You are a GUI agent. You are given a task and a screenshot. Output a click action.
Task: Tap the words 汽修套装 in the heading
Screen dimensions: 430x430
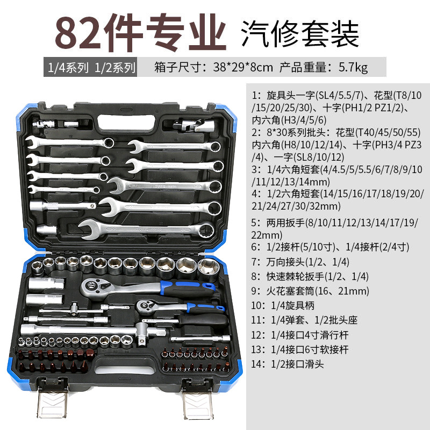[x=300, y=33]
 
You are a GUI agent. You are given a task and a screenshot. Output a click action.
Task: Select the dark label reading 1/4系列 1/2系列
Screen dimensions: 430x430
[x=89, y=68]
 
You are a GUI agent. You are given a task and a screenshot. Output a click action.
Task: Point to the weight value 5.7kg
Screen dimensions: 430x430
[x=353, y=68]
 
